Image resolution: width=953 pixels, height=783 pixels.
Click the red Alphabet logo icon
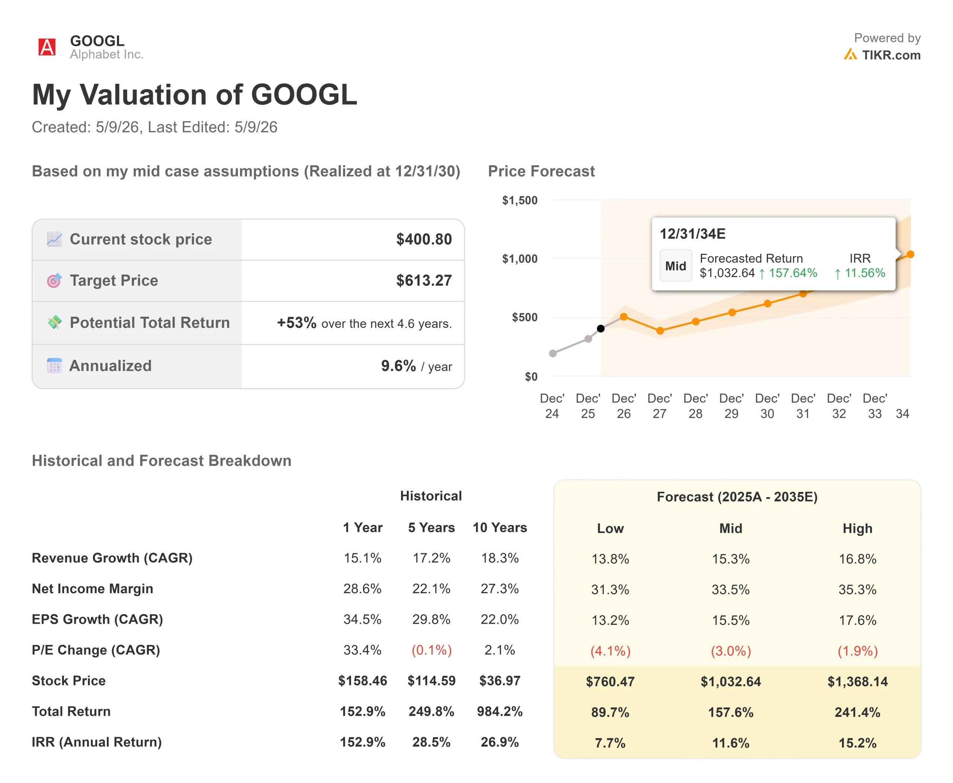click(47, 47)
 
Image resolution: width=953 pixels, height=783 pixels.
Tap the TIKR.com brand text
click(891, 55)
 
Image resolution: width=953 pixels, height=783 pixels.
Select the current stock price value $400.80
click(424, 239)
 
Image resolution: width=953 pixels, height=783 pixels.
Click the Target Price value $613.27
click(424, 281)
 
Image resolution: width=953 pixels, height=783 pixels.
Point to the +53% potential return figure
click(296, 323)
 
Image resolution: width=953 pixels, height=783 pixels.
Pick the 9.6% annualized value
click(398, 366)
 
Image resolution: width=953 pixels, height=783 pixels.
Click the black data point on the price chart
click(600, 328)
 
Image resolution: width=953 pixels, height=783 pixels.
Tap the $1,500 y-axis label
click(520, 200)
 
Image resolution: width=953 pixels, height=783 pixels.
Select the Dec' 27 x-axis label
click(660, 406)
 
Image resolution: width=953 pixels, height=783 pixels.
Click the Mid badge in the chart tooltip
click(676, 266)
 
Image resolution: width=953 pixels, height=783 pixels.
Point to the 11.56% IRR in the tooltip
click(864, 273)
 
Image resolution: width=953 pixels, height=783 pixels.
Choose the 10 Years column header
click(500, 528)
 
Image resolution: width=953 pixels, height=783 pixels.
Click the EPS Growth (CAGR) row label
click(98, 619)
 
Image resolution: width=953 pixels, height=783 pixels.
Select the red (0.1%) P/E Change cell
click(431, 650)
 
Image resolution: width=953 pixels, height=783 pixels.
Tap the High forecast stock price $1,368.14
click(857, 681)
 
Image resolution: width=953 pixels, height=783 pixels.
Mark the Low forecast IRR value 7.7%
click(610, 743)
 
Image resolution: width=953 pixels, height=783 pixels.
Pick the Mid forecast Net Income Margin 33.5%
click(730, 589)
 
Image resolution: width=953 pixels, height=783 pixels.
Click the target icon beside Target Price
click(54, 281)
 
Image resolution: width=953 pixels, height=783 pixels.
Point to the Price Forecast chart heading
click(541, 172)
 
